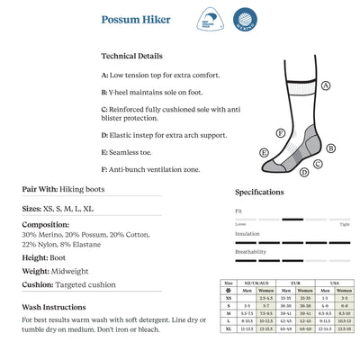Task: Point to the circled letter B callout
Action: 331,148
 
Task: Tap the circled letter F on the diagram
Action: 281,132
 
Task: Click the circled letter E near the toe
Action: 265,154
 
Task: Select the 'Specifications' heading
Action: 260,192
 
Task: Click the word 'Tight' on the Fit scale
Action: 345,223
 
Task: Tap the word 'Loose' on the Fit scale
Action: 239,223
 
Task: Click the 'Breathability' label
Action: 251,251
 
